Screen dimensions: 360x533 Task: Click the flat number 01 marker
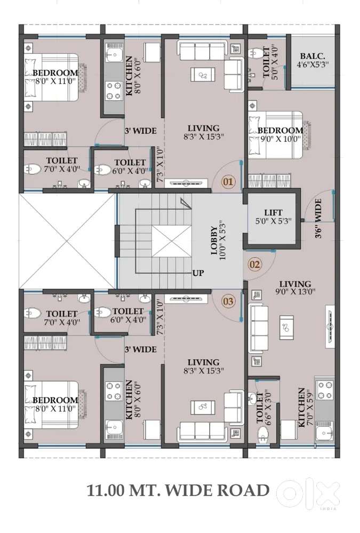(x=228, y=181)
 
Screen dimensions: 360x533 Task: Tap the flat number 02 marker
(x=254, y=264)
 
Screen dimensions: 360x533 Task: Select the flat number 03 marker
(x=228, y=301)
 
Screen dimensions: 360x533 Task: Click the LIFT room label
(x=273, y=213)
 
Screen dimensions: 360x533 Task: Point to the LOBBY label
(x=214, y=241)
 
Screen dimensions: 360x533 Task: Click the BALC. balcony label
(x=313, y=56)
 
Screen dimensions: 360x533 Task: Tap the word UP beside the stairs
(x=198, y=273)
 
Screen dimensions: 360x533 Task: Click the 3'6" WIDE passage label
(x=318, y=218)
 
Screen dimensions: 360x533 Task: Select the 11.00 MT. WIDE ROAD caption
(x=179, y=490)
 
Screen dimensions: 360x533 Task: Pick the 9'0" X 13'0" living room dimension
(x=295, y=291)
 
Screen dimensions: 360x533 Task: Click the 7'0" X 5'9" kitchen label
(x=305, y=408)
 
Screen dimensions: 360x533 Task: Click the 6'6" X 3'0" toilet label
(x=265, y=407)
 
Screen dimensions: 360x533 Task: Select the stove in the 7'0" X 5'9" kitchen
(x=324, y=390)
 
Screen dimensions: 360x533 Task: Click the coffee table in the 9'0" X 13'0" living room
(x=286, y=328)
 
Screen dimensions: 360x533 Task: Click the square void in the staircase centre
(x=171, y=241)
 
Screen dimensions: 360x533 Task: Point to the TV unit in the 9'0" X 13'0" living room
(x=330, y=327)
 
